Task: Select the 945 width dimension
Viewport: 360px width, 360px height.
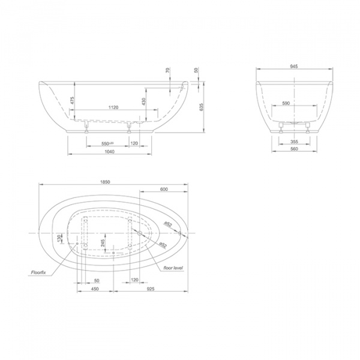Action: tap(294, 67)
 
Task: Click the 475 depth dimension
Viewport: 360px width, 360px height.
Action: tap(72, 101)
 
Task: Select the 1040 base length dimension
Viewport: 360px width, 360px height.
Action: tap(109, 152)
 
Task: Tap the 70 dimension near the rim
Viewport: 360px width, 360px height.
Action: tap(168, 71)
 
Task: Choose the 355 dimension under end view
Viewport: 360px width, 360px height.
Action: tap(294, 142)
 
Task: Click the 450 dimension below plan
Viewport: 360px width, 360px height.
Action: tap(95, 289)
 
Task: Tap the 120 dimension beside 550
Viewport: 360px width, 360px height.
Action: tap(134, 144)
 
